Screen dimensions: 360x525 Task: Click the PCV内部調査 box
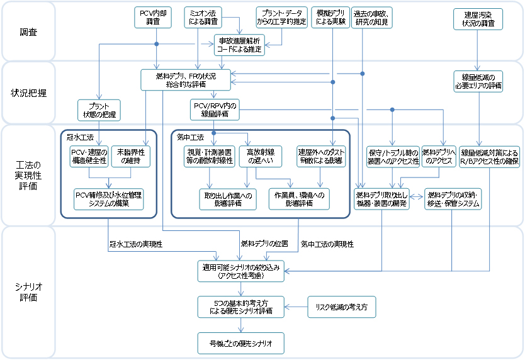[153, 17]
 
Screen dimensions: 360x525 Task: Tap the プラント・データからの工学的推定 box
[281, 17]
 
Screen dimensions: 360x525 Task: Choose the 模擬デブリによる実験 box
[331, 17]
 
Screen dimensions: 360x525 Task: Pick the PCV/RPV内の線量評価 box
[213, 110]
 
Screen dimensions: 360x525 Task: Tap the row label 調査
[28, 31]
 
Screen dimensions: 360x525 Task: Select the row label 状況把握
[28, 93]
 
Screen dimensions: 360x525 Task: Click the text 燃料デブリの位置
[264, 243]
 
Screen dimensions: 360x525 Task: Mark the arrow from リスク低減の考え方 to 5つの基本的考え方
[296, 307]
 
